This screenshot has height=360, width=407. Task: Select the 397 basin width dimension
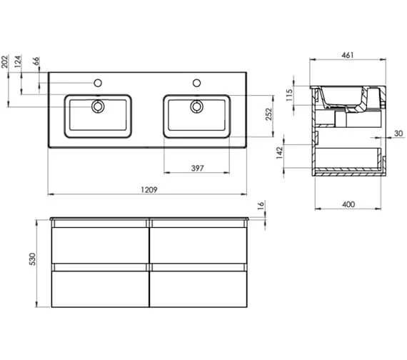tap(198, 169)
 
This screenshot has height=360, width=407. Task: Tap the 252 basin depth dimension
tap(268, 116)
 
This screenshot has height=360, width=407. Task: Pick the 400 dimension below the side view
tap(348, 204)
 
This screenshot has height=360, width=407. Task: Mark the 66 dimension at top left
tap(35, 62)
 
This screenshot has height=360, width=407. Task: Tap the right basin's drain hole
tap(196, 108)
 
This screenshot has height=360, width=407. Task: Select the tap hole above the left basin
tap(97, 83)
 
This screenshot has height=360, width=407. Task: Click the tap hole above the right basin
tap(196, 83)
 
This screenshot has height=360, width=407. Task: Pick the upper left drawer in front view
tap(99, 243)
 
